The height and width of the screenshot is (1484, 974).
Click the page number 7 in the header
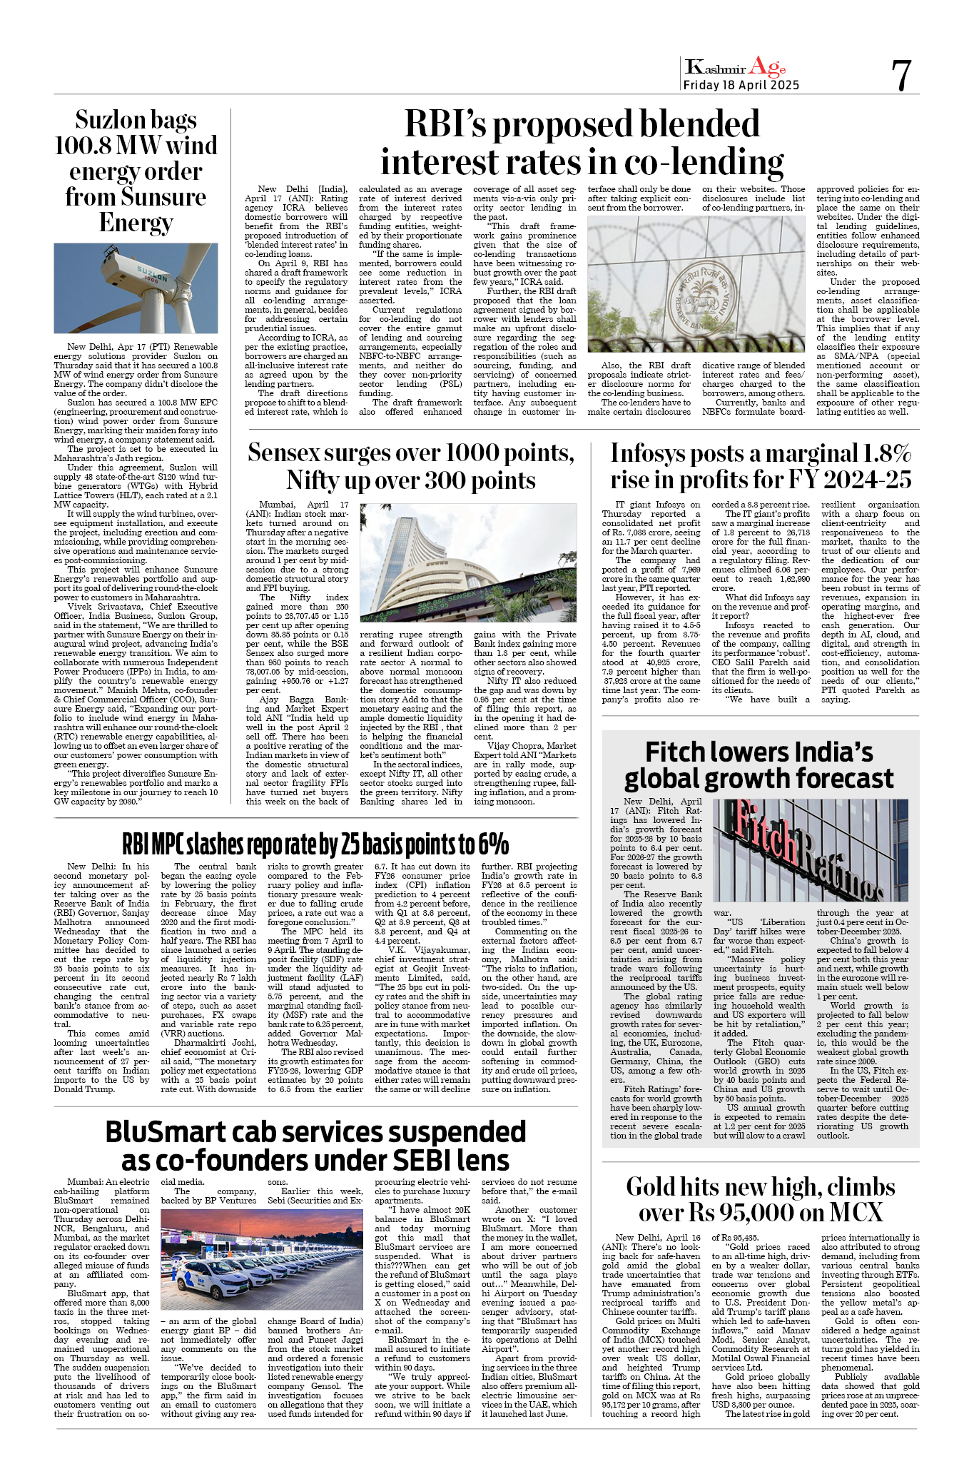(x=901, y=75)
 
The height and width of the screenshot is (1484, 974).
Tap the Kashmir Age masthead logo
(x=735, y=67)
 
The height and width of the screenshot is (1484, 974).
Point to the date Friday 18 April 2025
(x=741, y=86)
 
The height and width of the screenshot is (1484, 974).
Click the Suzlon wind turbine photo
(x=136, y=288)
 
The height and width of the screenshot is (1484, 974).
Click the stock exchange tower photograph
(x=468, y=562)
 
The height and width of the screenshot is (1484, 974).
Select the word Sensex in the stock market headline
(x=291, y=453)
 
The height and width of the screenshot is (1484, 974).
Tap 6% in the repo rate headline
(x=493, y=844)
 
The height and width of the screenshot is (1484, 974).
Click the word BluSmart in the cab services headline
(x=165, y=1133)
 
